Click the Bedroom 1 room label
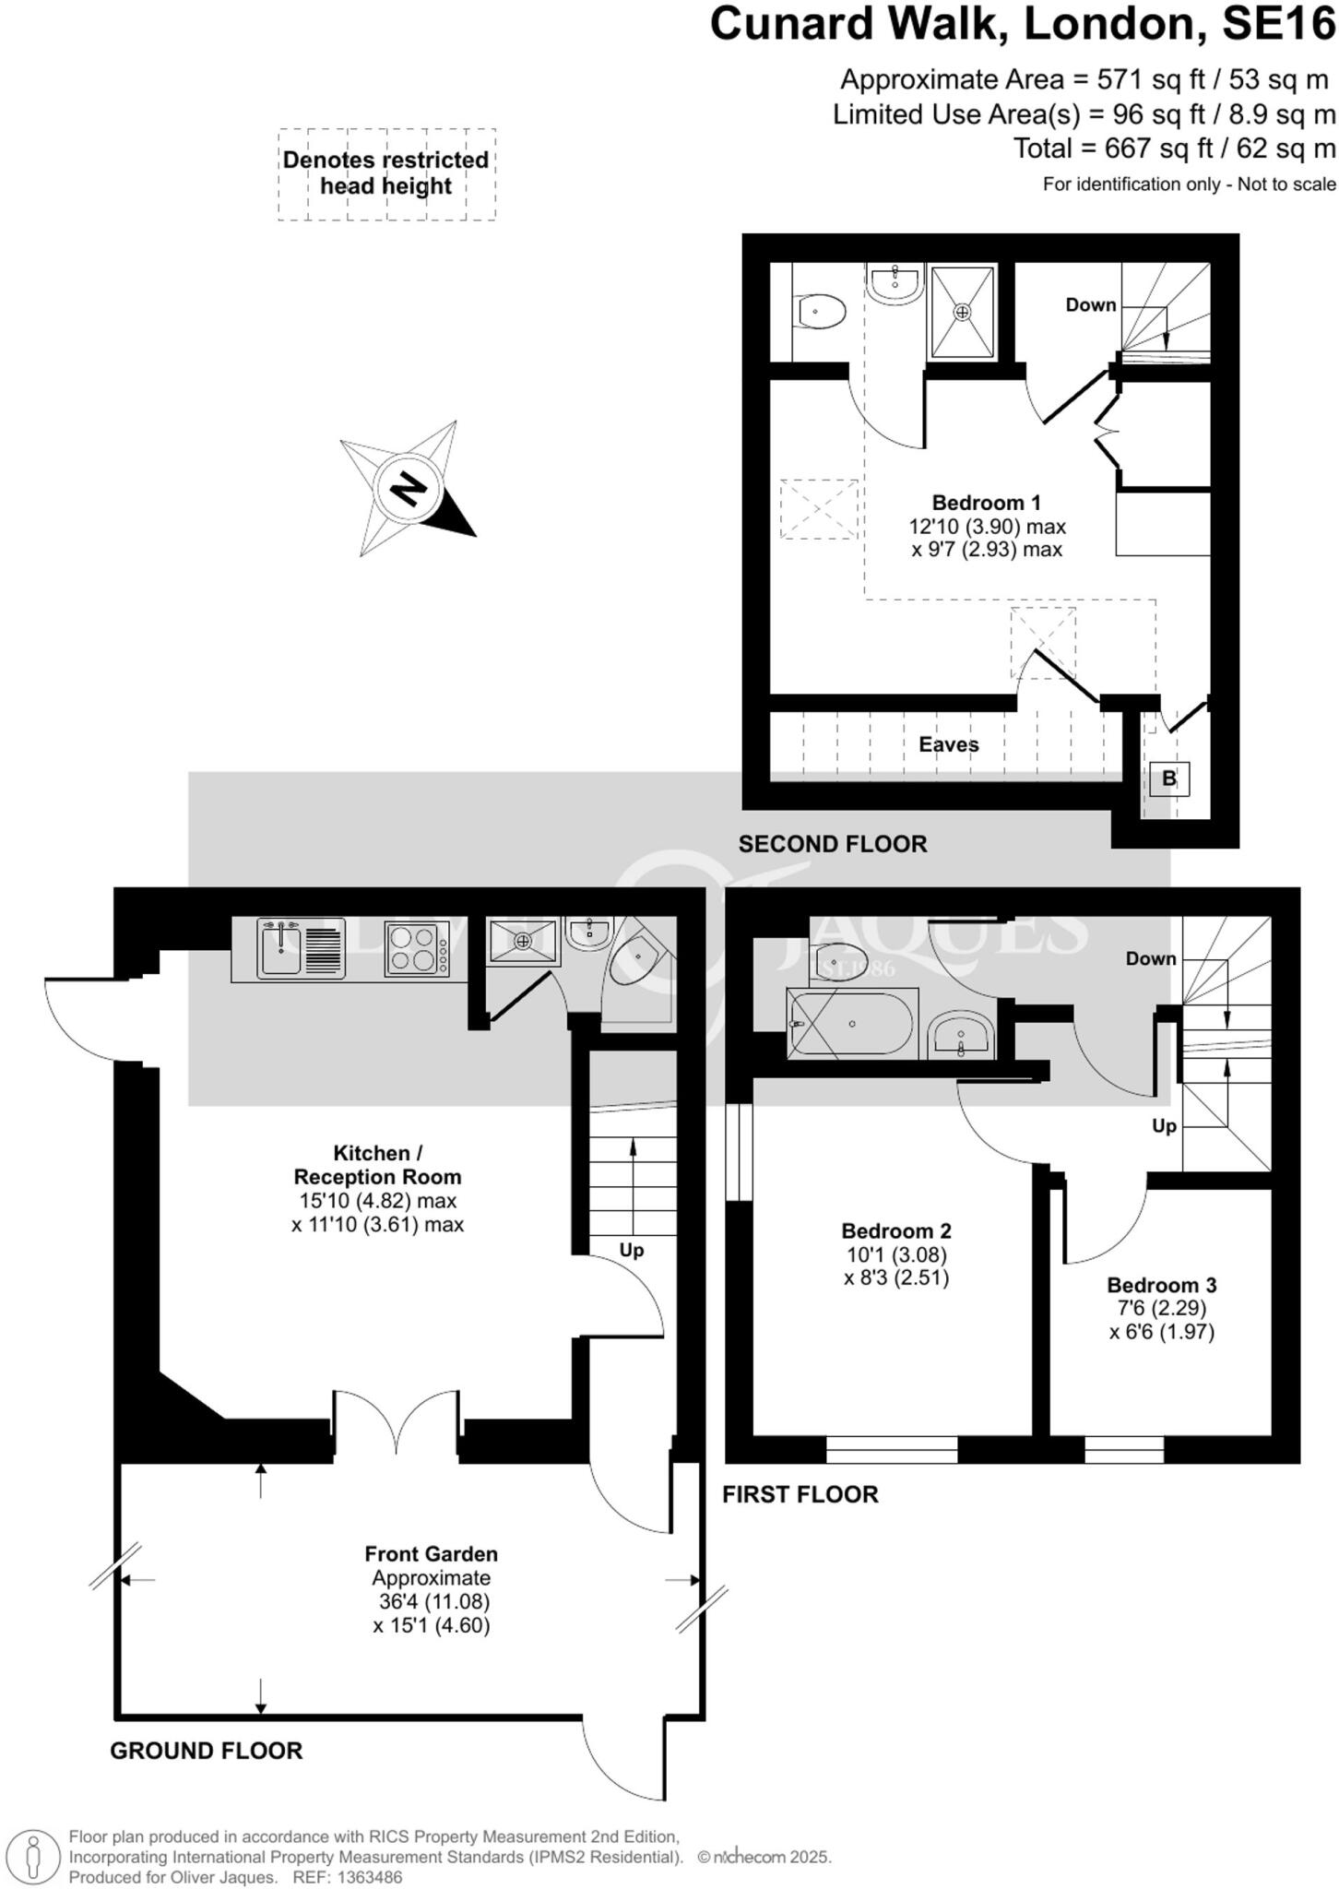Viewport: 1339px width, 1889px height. pos(986,503)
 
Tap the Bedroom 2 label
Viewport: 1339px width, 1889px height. pos(895,1230)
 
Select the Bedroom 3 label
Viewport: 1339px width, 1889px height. pos(1161,1285)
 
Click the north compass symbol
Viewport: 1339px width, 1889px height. pos(409,488)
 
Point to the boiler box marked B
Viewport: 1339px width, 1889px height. pos(1168,778)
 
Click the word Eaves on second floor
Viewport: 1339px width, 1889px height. pos(948,744)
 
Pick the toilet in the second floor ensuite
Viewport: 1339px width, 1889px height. pos(821,312)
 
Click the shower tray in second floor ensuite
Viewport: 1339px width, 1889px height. pos(962,312)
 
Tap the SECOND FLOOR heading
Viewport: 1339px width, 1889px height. pos(832,844)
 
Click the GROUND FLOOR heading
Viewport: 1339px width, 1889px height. pos(206,1751)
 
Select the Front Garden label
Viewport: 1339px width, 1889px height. pos(431,1554)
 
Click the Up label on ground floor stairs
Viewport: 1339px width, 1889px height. pos(631,1251)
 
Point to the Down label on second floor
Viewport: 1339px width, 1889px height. pos(1090,305)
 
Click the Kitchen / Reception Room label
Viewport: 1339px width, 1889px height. pos(377,1165)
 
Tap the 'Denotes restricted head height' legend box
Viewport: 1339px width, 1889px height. pos(386,173)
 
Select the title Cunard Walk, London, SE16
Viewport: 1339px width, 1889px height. pos(1022,24)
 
